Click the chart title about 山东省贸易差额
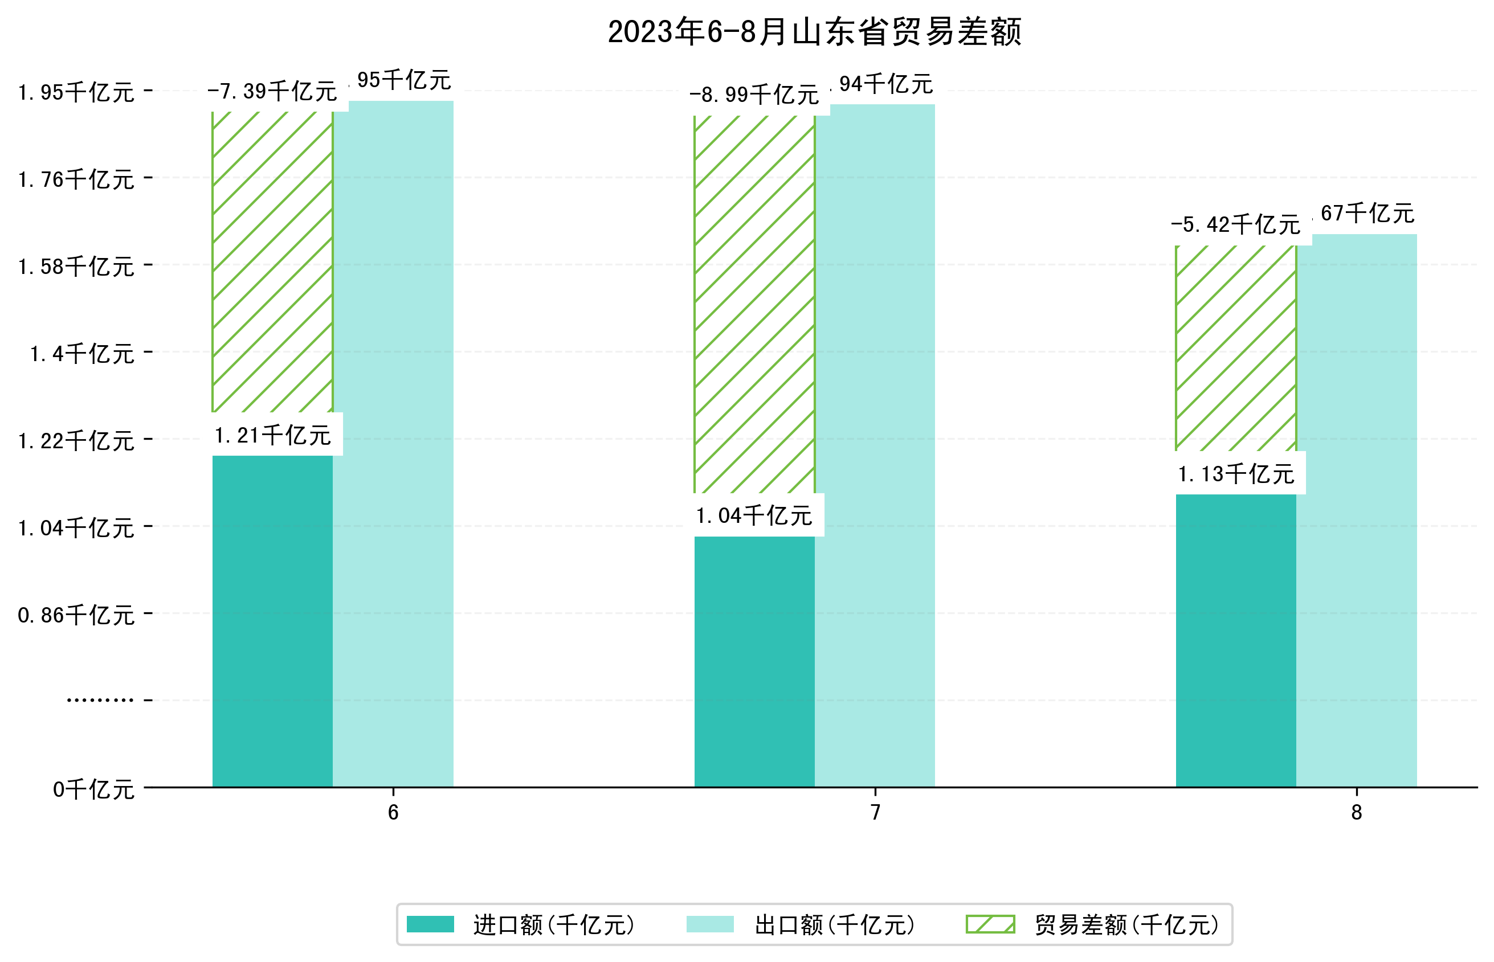[814, 32]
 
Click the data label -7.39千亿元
[272, 92]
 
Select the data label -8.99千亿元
[754, 95]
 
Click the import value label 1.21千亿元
[272, 435]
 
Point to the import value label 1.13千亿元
[1235, 474]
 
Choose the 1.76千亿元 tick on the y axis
[76, 180]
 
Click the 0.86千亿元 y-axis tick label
[76, 615]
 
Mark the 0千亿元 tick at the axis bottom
[93, 789]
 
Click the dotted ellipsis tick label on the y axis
[100, 700]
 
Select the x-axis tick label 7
[875, 812]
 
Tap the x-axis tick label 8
[1356, 812]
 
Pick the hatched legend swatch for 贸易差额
[990, 924]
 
